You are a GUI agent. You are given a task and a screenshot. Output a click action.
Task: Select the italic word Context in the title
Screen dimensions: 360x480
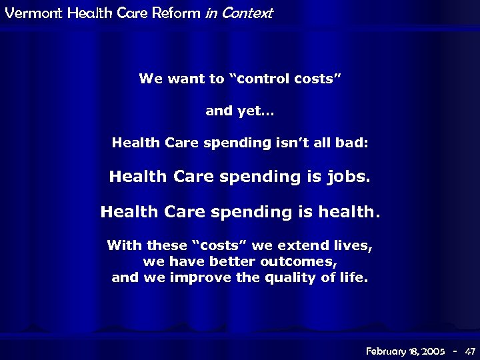click(248, 13)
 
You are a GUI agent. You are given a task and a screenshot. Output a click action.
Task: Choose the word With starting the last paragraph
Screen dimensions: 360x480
click(125, 245)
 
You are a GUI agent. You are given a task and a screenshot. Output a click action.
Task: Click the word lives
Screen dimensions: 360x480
click(352, 245)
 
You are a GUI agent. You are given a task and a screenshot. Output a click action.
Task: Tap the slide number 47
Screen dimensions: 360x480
click(470, 351)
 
